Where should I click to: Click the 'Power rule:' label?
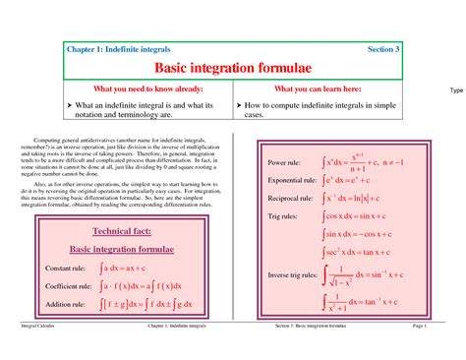click(x=284, y=162)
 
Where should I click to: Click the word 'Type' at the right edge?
click(x=455, y=90)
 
